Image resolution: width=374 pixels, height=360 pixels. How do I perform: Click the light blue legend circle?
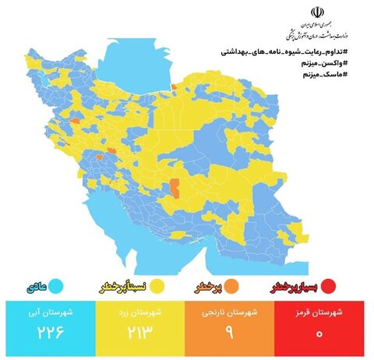[56, 286]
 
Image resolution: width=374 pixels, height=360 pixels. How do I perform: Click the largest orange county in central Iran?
[175, 188]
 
